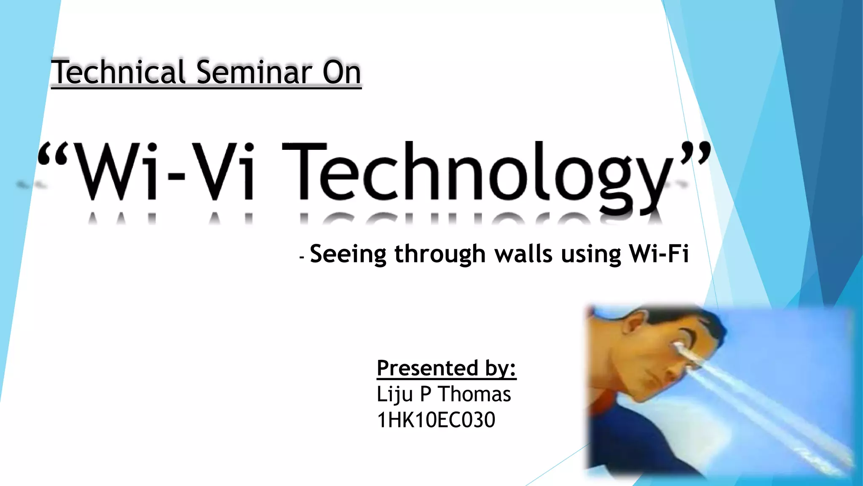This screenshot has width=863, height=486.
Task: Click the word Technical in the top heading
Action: (x=118, y=72)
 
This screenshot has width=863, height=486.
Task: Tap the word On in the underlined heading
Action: (x=342, y=73)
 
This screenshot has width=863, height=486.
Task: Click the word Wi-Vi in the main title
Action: (x=164, y=171)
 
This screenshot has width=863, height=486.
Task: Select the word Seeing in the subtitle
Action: (x=348, y=254)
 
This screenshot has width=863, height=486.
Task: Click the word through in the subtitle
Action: (x=440, y=254)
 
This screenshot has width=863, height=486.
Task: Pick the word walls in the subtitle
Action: (x=523, y=254)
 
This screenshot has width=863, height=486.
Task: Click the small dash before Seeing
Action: (x=302, y=257)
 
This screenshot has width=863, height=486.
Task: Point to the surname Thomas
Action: (x=474, y=394)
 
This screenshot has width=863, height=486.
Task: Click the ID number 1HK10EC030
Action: (x=436, y=420)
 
